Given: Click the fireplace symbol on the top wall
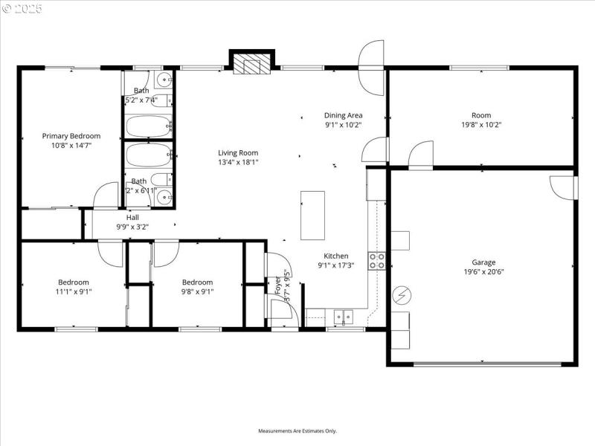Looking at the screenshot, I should click(252, 63).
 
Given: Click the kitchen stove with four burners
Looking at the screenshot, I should click(377, 261).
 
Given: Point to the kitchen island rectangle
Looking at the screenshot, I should click(312, 215).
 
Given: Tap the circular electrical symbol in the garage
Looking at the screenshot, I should click(402, 296).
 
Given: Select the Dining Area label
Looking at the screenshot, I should click(343, 115).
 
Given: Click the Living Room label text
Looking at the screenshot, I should click(238, 152).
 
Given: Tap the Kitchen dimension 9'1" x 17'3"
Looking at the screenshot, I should click(335, 265).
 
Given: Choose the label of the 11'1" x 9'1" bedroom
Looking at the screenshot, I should click(74, 282).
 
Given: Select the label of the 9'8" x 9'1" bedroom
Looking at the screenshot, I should click(197, 282).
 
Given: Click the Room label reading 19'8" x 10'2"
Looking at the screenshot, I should click(481, 115).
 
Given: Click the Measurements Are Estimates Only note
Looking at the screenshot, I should click(297, 431).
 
